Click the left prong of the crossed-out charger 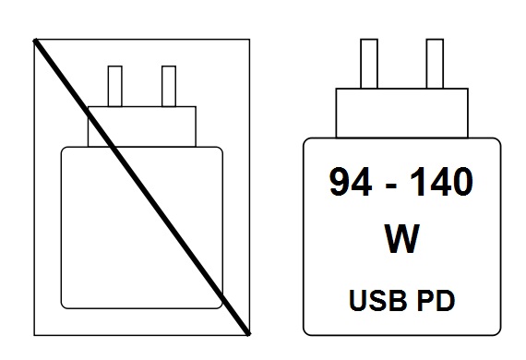115,86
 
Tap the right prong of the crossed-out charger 169,86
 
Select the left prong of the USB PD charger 369,64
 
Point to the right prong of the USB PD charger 435,64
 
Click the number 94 351,182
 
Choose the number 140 441,182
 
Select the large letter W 401,238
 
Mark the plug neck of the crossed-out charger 142,126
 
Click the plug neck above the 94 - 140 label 401,113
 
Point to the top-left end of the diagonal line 34,41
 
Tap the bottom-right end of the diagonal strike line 248,334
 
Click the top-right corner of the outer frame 249,40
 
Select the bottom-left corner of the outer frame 34,335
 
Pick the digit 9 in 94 340,182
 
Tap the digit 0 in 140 462,182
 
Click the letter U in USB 358,301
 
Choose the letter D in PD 446,300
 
